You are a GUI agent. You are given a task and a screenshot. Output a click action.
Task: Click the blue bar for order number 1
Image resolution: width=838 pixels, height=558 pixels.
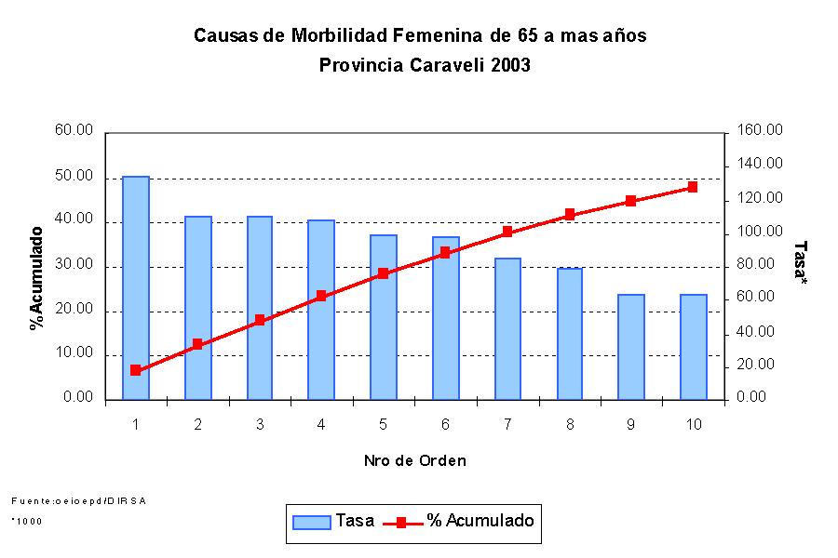136,287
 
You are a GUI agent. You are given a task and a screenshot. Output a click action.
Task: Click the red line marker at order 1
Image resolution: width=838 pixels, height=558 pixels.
136,370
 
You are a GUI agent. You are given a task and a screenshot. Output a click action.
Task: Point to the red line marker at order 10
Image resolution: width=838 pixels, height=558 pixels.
693,187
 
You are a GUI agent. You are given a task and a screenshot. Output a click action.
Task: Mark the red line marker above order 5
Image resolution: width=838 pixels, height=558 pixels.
384,273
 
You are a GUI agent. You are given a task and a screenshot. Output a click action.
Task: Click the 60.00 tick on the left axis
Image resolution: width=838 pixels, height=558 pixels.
74,131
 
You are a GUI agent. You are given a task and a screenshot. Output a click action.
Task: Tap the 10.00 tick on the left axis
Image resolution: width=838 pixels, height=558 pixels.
74,354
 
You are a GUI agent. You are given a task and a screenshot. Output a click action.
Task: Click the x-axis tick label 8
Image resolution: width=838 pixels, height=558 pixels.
569,425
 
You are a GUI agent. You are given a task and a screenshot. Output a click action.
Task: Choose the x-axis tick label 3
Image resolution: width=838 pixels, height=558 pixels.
260,425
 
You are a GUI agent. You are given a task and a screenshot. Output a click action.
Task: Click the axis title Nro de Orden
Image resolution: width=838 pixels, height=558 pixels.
414,460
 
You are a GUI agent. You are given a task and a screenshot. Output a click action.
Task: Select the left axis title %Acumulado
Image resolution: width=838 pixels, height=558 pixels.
36,278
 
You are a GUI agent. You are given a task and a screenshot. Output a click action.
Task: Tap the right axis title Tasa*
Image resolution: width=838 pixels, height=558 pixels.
799,262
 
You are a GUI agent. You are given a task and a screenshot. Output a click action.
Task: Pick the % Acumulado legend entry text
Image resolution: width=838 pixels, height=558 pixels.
480,521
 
